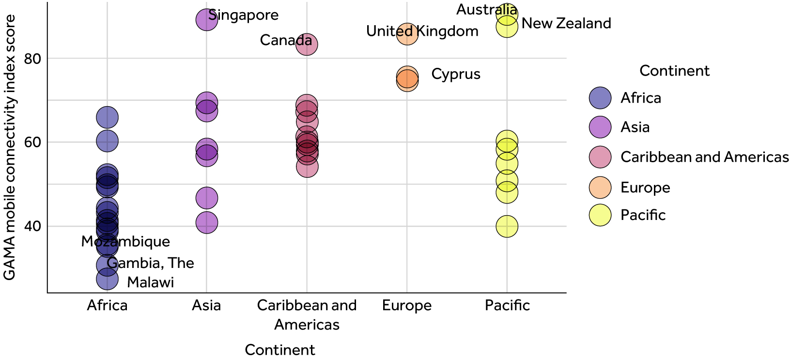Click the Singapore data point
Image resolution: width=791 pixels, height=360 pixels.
pos(206,20)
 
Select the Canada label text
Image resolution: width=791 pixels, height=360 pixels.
pos(286,40)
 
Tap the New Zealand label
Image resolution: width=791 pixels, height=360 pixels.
pos(566,23)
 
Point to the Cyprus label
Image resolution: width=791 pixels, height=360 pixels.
pos(456,74)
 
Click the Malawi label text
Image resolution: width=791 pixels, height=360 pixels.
pos(150,282)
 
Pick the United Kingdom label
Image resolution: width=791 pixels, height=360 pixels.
pos(422,31)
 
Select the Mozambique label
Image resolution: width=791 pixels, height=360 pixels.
pos(125,241)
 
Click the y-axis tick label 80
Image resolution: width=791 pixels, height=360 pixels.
pos(32,59)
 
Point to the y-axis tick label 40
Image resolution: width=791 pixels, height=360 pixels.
pos(32,226)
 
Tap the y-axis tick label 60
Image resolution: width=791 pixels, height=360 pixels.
pos(32,142)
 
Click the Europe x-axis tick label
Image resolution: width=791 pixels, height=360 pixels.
pos(406,305)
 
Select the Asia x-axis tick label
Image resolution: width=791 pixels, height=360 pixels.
pos(206,305)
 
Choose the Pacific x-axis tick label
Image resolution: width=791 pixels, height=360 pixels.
pos(507,305)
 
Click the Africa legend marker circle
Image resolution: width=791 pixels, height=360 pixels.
pos(600,98)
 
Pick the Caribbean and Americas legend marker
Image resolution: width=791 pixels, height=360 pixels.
pos(600,157)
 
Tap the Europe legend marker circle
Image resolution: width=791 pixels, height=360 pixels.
pos(600,188)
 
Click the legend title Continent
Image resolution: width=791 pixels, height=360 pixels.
pos(674,71)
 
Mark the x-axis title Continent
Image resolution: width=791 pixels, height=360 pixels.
pos(280,350)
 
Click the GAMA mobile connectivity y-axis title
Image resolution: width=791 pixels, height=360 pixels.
pos(10,147)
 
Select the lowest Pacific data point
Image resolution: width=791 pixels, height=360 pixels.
pos(507,226)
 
